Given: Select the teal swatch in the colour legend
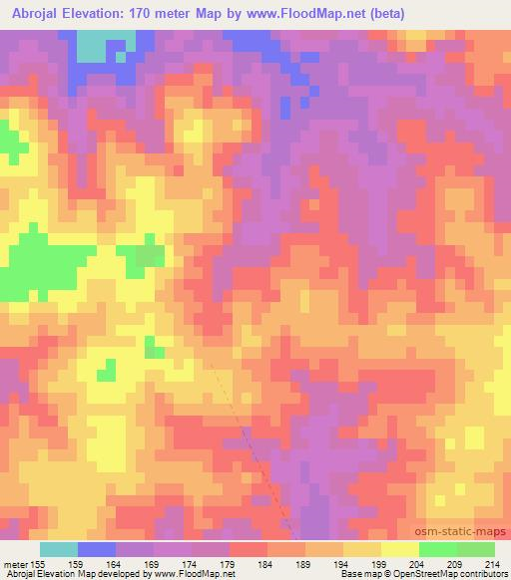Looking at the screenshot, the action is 58,549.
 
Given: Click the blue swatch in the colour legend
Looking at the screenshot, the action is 96,549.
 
